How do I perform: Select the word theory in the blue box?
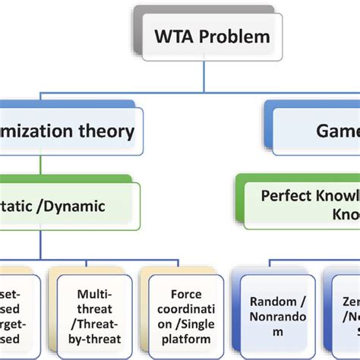click(103, 131)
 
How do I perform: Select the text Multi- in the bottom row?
click(95, 293)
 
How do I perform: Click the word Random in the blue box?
click(267, 300)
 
